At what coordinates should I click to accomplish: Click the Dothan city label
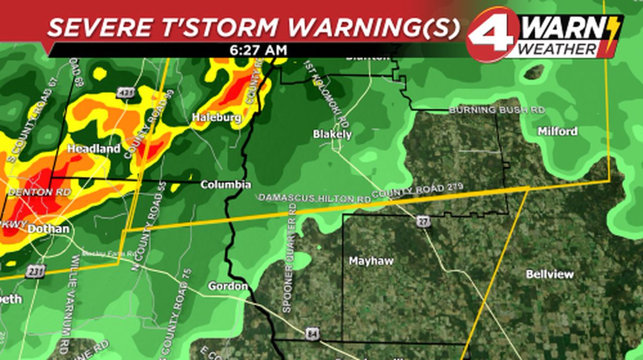pos(48,229)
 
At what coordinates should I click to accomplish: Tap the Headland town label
pos(94,149)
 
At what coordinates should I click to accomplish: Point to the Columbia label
pos(226,185)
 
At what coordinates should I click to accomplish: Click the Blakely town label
pos(332,134)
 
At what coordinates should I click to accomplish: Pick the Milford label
pos(557,131)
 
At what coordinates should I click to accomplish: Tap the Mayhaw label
pos(371,261)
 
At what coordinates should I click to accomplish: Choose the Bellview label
pos(550,274)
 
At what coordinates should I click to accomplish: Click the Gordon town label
pos(228,286)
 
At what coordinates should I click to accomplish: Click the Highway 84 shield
pos(312,334)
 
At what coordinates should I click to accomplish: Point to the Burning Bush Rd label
pos(497,110)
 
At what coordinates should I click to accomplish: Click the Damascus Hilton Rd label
pos(315,198)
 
